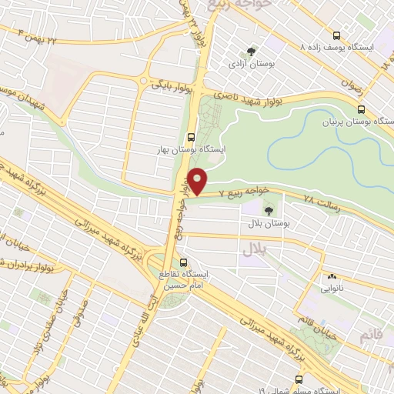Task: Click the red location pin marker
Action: (199, 181)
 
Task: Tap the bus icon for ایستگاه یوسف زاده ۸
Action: (336, 35)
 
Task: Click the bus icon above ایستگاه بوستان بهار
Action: (192, 139)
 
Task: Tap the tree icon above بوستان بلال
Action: (269, 209)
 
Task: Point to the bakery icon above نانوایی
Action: (332, 276)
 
